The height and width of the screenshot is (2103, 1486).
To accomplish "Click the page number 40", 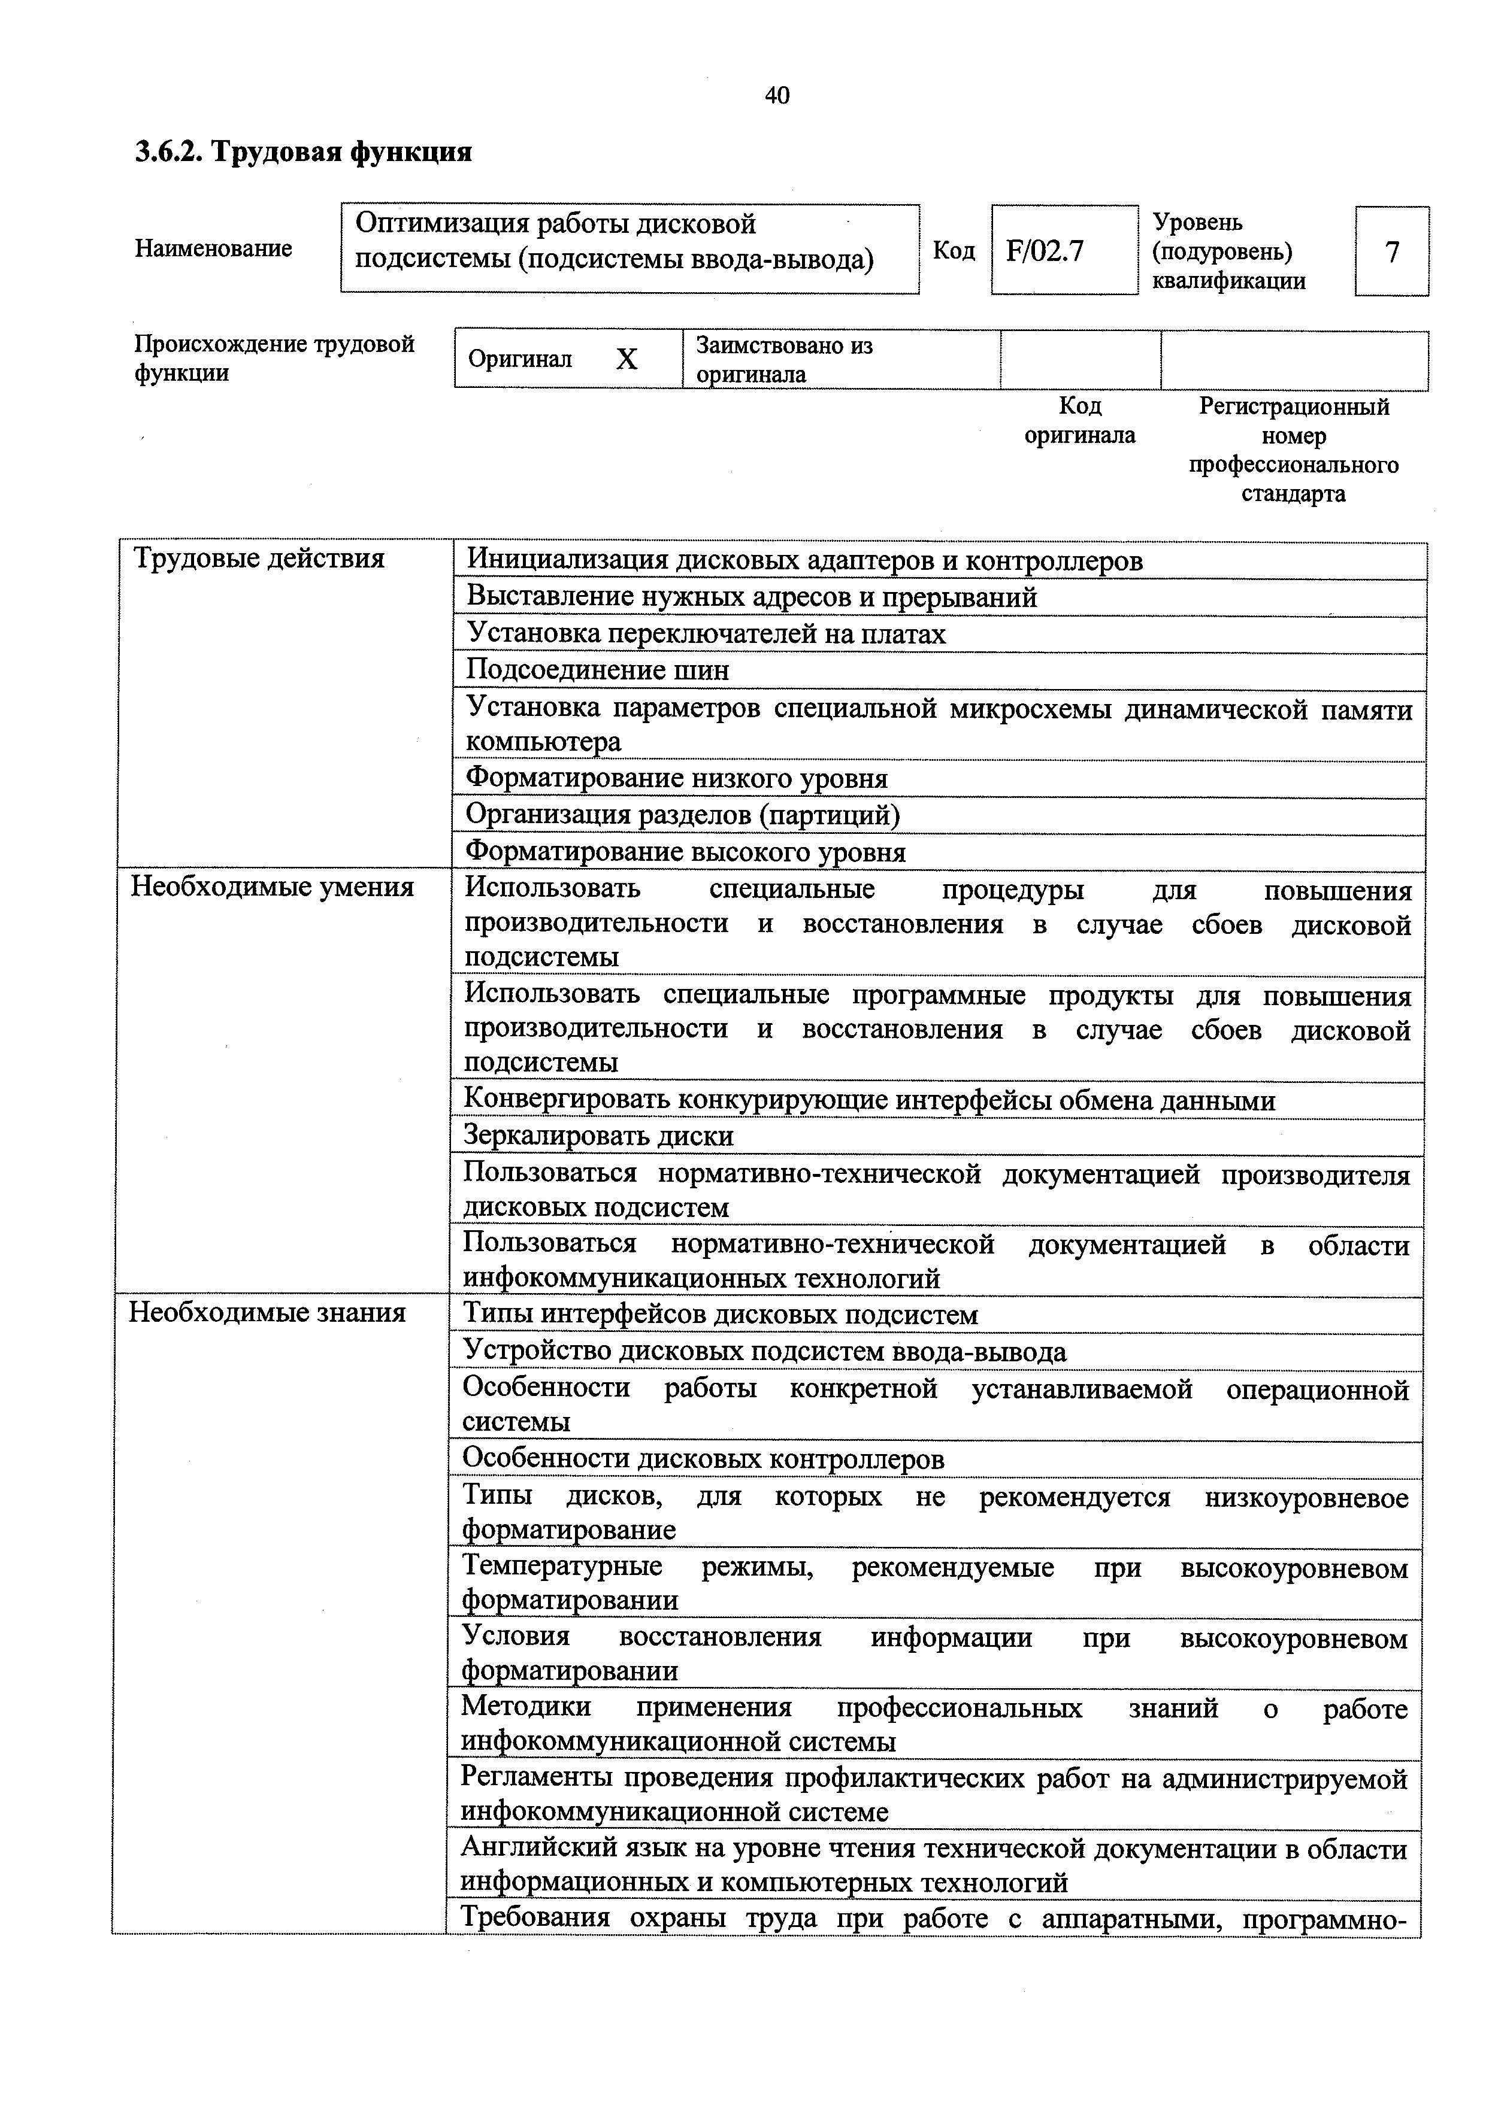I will pos(776,95).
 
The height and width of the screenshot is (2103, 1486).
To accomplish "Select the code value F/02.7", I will pos(1045,251).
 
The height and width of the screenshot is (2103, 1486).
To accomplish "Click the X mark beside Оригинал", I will pos(626,360).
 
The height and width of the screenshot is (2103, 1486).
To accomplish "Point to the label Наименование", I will pos(213,248).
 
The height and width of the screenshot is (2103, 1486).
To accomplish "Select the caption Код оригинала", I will pos(1079,420).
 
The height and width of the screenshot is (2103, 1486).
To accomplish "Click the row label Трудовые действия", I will pos(259,559).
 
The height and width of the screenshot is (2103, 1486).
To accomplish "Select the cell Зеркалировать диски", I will pos(598,1137).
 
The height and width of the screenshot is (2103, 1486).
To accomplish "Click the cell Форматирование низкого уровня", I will pos(676,779).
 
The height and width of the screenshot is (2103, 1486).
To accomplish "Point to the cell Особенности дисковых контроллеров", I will pos(703,1458).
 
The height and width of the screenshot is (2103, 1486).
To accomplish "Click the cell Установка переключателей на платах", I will pos(706,634).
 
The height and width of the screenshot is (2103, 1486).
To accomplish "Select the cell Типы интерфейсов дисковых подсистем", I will pos(720,1315).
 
